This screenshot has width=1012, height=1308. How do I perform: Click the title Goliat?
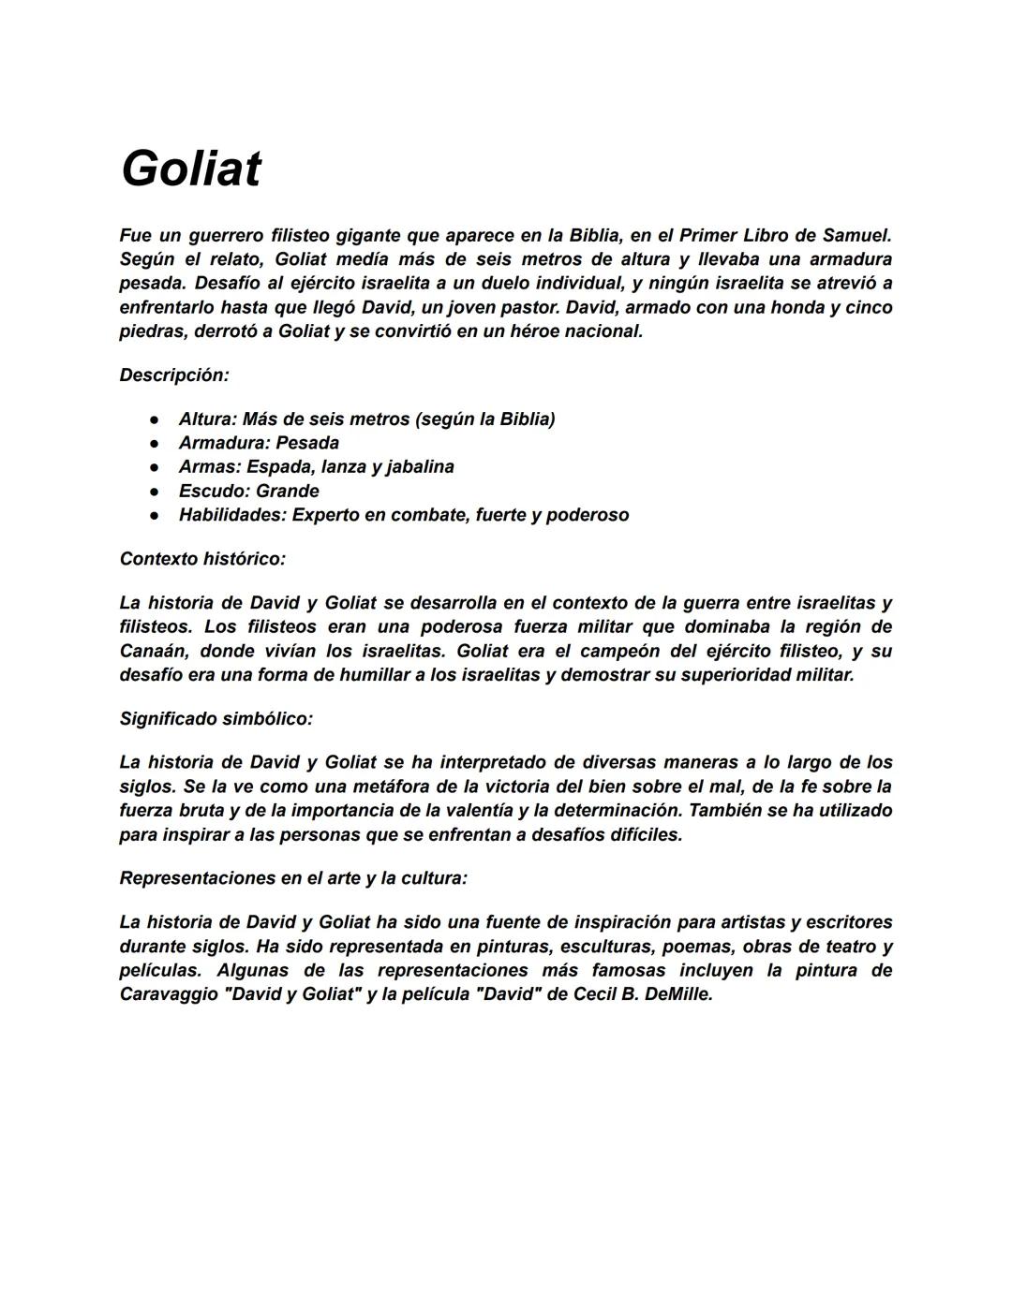[x=190, y=169]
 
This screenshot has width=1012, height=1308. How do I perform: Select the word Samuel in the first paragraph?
[x=856, y=235]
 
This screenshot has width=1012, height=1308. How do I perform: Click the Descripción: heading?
[x=174, y=375]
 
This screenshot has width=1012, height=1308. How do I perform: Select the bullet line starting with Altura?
[x=366, y=419]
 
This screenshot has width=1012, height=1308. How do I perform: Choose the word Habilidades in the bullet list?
[x=231, y=515]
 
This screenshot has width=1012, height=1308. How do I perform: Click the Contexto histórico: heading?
[x=202, y=559]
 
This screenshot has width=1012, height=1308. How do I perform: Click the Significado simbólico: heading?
[x=216, y=719]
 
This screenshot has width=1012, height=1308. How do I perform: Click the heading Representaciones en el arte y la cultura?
[x=293, y=878]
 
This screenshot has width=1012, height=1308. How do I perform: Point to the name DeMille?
[x=678, y=994]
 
